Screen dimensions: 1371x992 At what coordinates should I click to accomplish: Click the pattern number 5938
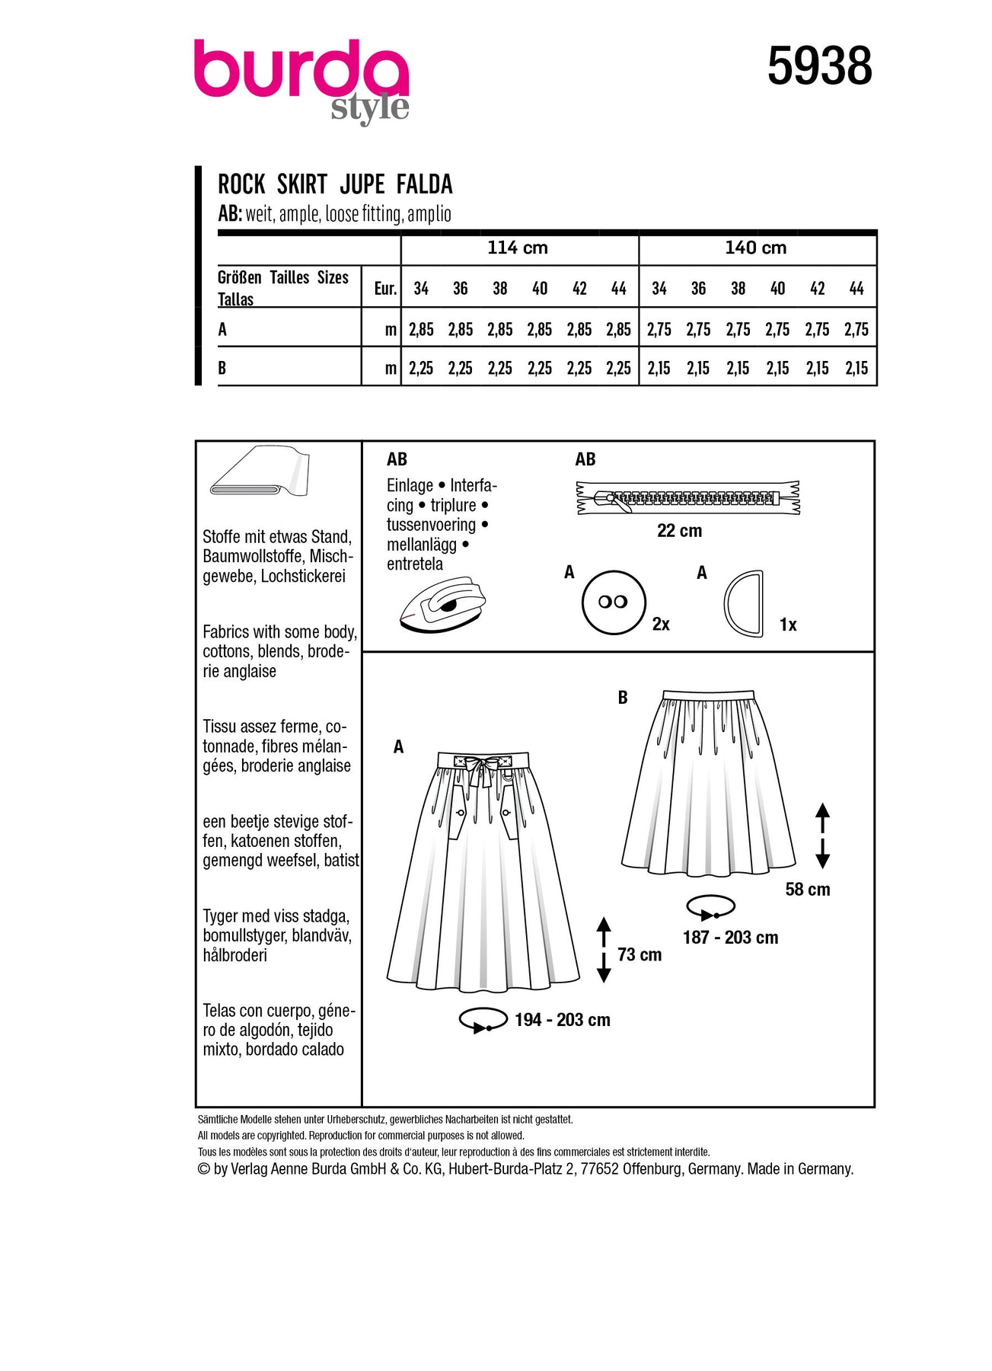coord(819,66)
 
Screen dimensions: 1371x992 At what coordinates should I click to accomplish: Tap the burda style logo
coord(301,80)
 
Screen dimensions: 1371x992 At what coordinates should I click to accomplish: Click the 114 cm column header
coord(518,248)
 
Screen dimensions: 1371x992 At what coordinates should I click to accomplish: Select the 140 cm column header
coord(755,248)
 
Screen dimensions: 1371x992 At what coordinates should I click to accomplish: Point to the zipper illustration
coord(687,499)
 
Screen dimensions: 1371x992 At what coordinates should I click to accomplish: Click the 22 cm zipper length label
coord(679,531)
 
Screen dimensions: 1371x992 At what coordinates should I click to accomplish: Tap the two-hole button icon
coord(613,602)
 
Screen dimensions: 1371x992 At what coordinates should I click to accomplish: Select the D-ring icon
coord(742,602)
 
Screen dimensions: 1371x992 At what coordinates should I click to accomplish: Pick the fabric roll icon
coord(259,472)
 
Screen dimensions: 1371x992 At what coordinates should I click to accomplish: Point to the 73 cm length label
coord(639,954)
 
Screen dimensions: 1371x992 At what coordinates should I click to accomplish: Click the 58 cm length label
coord(807,890)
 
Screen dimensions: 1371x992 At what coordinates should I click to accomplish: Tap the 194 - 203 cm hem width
coord(562,1020)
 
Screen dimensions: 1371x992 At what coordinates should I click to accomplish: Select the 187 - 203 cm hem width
coord(730,938)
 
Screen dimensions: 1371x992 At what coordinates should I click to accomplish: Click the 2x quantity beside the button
coord(661,625)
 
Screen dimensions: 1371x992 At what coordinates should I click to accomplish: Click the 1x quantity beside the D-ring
coord(788,625)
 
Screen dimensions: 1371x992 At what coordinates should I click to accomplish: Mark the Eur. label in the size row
coord(385,289)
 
